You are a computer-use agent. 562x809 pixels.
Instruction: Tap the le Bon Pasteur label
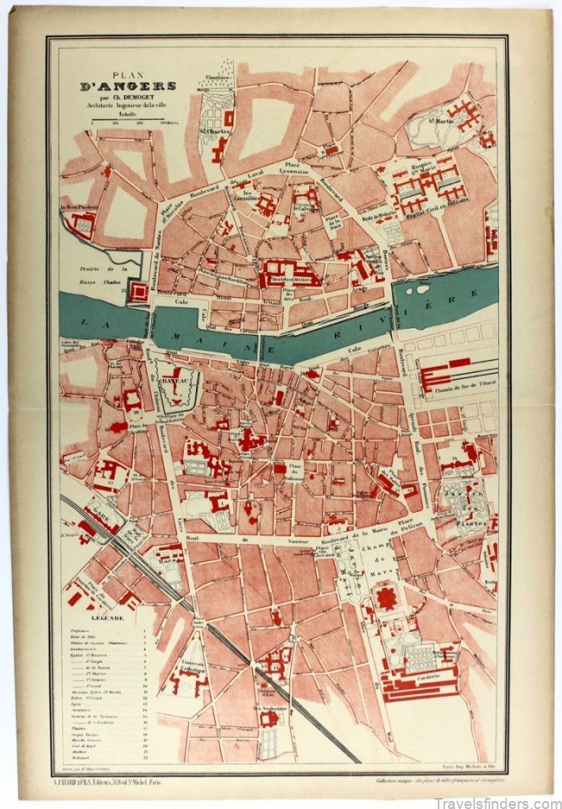[x=77, y=209]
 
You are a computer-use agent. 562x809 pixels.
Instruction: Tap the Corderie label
[x=433, y=665]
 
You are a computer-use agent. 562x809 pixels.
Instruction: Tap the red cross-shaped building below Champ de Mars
[x=386, y=596]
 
